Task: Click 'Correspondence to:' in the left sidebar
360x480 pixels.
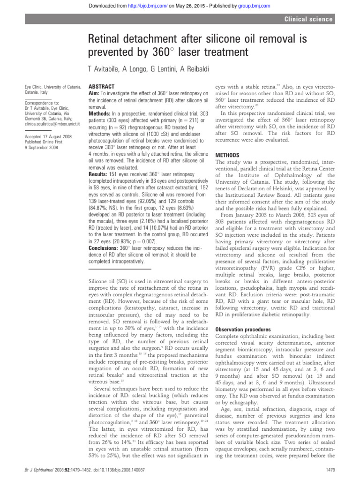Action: tap(42, 101)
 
